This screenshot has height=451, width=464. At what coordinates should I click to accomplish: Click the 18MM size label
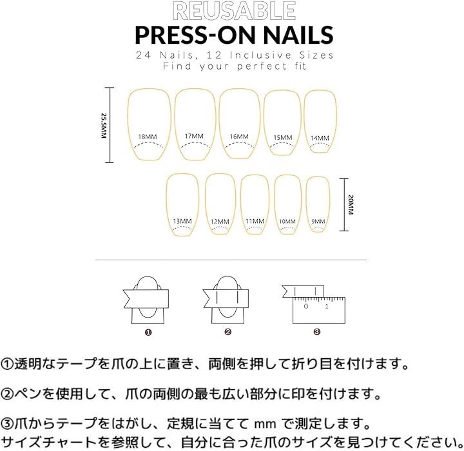[148, 137]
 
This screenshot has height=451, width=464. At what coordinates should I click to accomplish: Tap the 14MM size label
[320, 138]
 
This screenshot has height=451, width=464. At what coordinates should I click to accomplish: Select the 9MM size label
[318, 221]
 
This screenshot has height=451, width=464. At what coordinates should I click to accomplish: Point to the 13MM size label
[182, 221]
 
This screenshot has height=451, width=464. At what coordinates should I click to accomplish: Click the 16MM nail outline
[219, 124]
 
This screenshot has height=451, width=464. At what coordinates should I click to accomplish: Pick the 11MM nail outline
[241, 204]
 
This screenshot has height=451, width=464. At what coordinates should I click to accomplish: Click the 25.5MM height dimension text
[103, 126]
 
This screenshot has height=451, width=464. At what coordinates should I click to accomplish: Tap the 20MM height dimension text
[351, 204]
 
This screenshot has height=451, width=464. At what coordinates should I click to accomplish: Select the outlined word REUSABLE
[234, 11]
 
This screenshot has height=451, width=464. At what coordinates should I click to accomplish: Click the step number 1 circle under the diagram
[148, 332]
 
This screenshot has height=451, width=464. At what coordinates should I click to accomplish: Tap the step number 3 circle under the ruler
[316, 332]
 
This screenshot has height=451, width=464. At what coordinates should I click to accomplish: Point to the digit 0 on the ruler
[306, 306]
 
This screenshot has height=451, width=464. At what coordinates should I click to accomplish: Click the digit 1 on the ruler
[326, 306]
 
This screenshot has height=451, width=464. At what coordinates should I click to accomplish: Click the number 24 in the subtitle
[144, 55]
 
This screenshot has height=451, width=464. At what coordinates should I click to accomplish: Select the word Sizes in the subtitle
[316, 55]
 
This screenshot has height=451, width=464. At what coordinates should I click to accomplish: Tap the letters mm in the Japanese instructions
[265, 425]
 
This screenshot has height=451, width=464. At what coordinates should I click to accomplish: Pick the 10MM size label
[287, 222]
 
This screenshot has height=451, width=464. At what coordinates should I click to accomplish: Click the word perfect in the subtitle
[262, 66]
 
